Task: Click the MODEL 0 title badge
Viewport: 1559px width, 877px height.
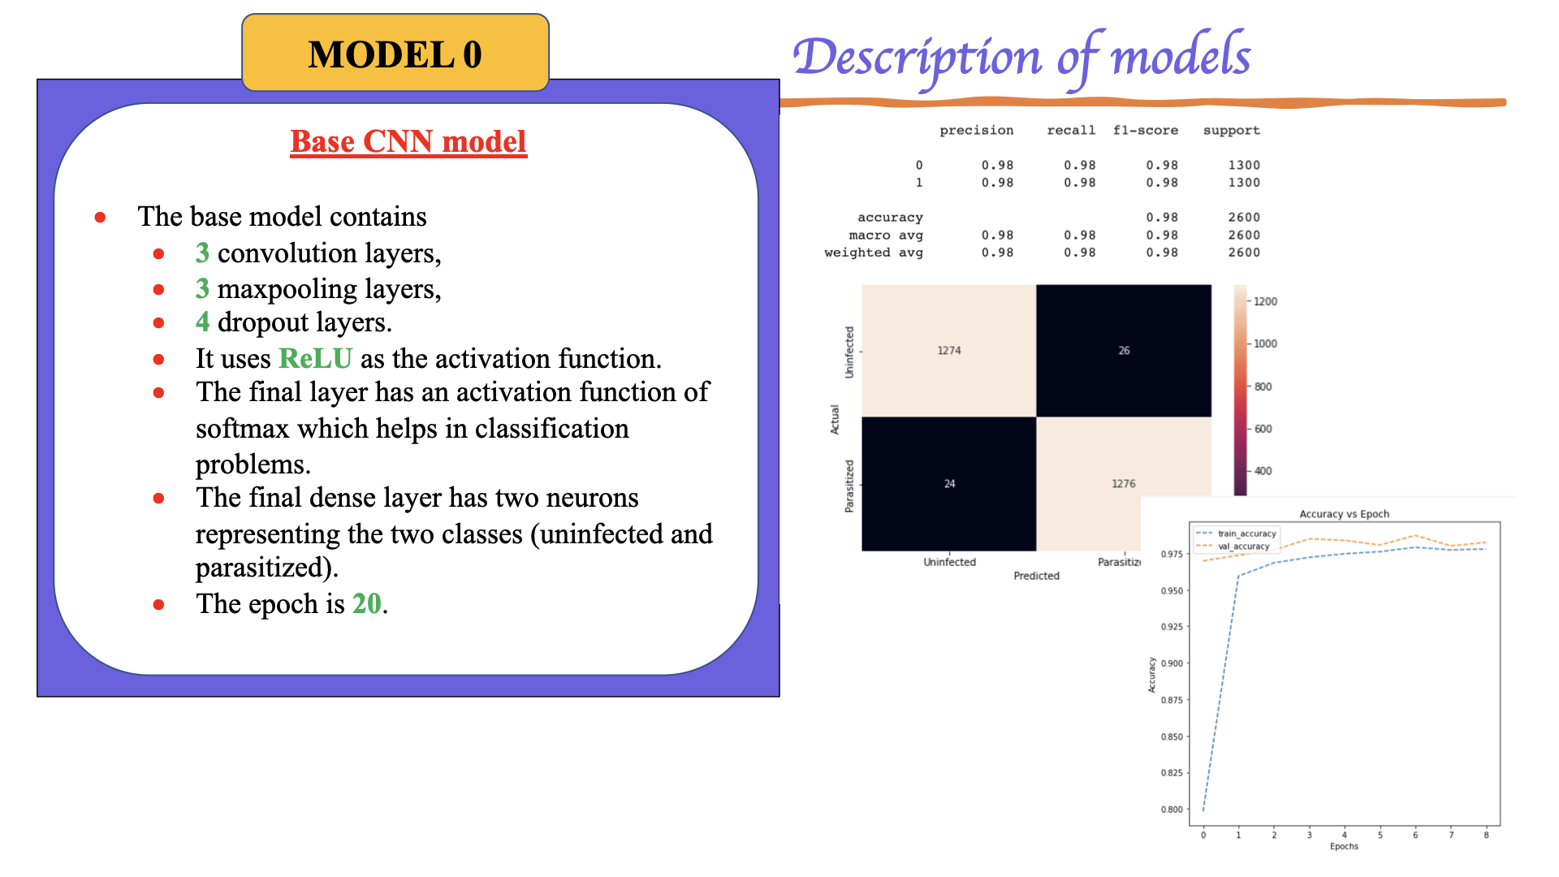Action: click(395, 54)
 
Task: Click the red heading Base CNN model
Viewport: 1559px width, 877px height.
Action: click(408, 141)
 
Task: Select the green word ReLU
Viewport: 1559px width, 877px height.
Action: click(315, 358)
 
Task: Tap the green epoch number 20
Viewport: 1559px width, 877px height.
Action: click(366, 603)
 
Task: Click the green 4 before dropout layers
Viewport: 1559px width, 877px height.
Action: click(202, 322)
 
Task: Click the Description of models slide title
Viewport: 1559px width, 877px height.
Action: click(1021, 57)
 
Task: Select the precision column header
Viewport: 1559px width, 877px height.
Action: click(976, 130)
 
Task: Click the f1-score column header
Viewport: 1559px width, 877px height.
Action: click(1145, 130)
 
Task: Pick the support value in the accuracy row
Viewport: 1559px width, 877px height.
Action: click(1243, 217)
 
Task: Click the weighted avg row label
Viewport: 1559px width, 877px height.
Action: click(873, 253)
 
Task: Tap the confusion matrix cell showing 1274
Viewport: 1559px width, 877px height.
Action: click(948, 350)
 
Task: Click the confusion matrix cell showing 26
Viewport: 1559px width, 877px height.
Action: click(1124, 350)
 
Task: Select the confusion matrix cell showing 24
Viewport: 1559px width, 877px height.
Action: click(948, 483)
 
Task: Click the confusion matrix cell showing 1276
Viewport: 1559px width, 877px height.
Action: click(1123, 483)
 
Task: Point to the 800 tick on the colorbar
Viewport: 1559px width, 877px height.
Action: click(1262, 387)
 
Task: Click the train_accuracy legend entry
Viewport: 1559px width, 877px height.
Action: click(1246, 534)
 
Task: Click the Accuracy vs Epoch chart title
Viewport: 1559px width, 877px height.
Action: click(1344, 514)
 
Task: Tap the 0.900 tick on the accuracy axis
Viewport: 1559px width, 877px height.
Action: click(1171, 663)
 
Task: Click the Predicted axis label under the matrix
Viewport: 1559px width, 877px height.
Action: click(1036, 576)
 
